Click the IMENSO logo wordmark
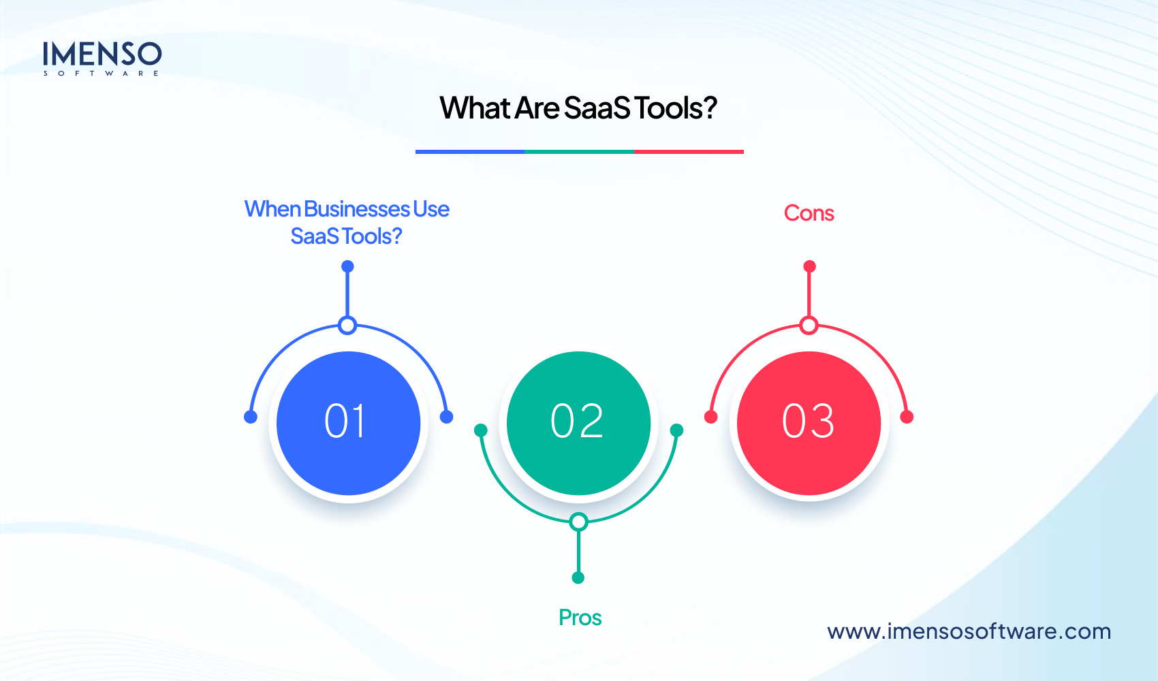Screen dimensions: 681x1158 pyautogui.click(x=102, y=54)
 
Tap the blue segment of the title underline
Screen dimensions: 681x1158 pyautogui.click(x=470, y=152)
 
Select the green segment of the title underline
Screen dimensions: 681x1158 pyautogui.click(x=580, y=152)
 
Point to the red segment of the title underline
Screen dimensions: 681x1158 pyautogui.click(x=689, y=152)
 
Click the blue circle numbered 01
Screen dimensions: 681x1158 pyautogui.click(x=348, y=423)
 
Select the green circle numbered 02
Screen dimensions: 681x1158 pyautogui.click(x=578, y=423)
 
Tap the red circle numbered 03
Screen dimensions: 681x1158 pyautogui.click(x=809, y=423)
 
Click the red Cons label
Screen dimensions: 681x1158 pyautogui.click(x=809, y=213)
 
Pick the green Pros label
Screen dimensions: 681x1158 pyautogui.click(x=580, y=618)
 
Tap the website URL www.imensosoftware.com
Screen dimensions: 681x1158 pyautogui.click(x=969, y=631)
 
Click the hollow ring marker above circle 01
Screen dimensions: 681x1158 pyautogui.click(x=347, y=326)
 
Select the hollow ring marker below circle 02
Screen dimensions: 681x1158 pyautogui.click(x=578, y=522)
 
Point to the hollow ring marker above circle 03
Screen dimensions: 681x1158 pyautogui.click(x=809, y=326)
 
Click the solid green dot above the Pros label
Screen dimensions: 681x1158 pyautogui.click(x=578, y=577)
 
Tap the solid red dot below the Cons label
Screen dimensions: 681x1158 pyautogui.click(x=809, y=266)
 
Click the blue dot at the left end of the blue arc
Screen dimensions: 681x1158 pyautogui.click(x=251, y=417)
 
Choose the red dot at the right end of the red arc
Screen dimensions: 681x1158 pyautogui.click(x=907, y=417)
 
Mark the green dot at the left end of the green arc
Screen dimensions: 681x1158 pyautogui.click(x=481, y=430)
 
